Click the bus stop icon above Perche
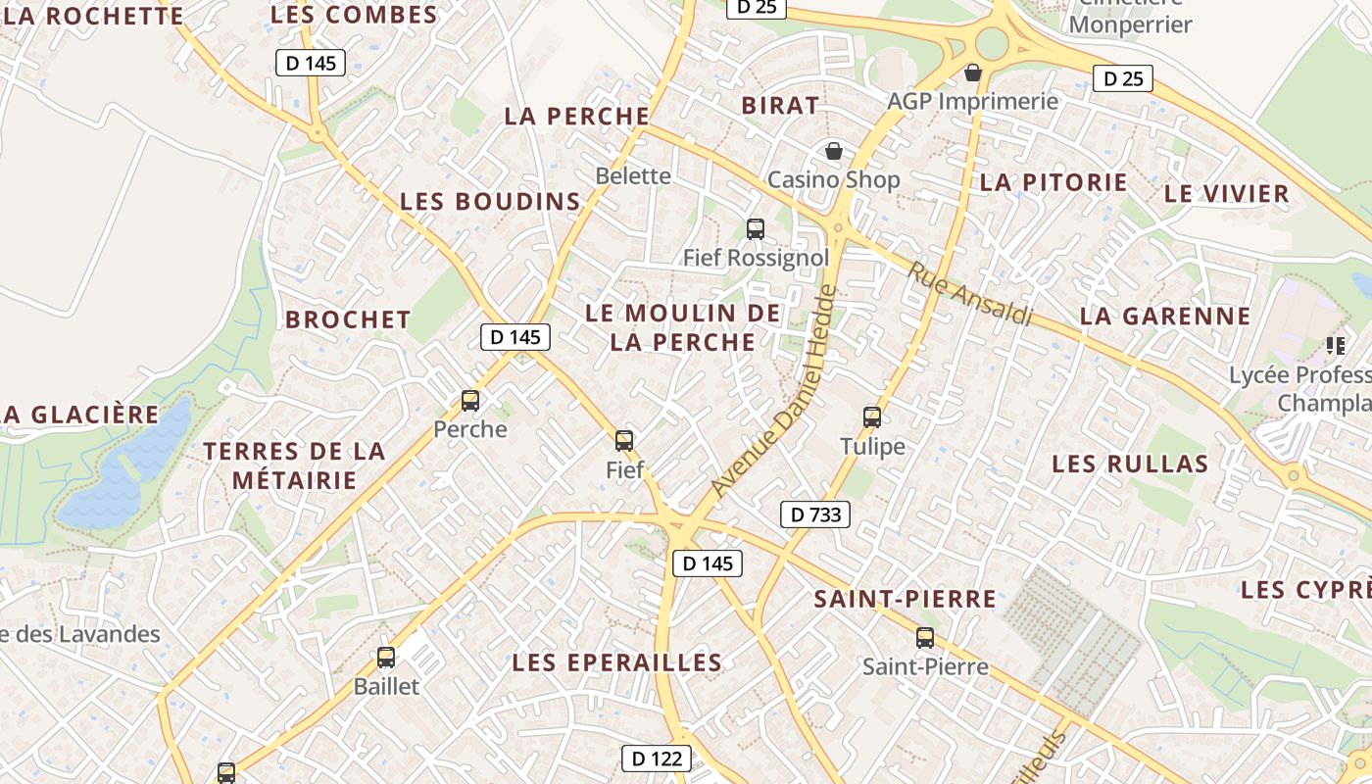(470, 401)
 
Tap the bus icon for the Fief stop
(624, 441)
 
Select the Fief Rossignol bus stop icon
(756, 229)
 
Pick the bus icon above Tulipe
(872, 417)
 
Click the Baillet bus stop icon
(386, 658)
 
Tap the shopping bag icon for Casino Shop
(833, 151)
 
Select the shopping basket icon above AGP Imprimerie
(973, 73)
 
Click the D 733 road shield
(815, 514)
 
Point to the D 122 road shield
(657, 758)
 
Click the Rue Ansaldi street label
(971, 294)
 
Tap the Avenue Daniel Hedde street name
(774, 391)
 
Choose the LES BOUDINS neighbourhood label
(490, 202)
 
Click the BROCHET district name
(348, 319)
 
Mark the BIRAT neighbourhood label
(780, 106)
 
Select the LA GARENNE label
(1165, 316)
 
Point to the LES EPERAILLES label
(617, 662)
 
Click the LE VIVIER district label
(1226, 193)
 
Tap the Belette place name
(633, 176)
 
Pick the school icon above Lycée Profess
(1335, 345)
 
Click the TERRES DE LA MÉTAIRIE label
(294, 465)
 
